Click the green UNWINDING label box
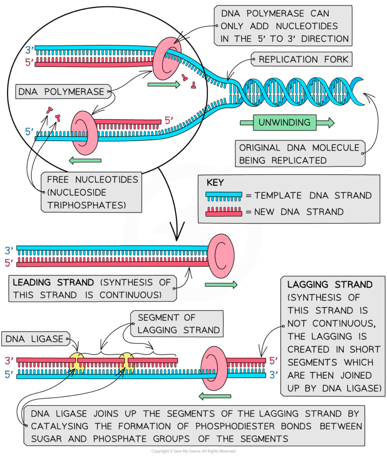pos(285,122)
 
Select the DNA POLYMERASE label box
pos(61,92)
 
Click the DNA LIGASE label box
pos(35,339)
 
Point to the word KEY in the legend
pos(216,183)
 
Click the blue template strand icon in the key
pos(224,195)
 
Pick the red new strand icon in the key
pos(224,212)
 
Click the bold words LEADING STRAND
pos(53,282)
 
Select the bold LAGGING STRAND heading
pos(330,285)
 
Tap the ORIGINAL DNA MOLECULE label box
pos(299,154)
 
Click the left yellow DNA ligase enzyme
pos(77,362)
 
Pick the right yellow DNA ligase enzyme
pos(126,362)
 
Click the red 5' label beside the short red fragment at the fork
pos(169,120)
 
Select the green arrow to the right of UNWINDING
pos(325,122)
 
